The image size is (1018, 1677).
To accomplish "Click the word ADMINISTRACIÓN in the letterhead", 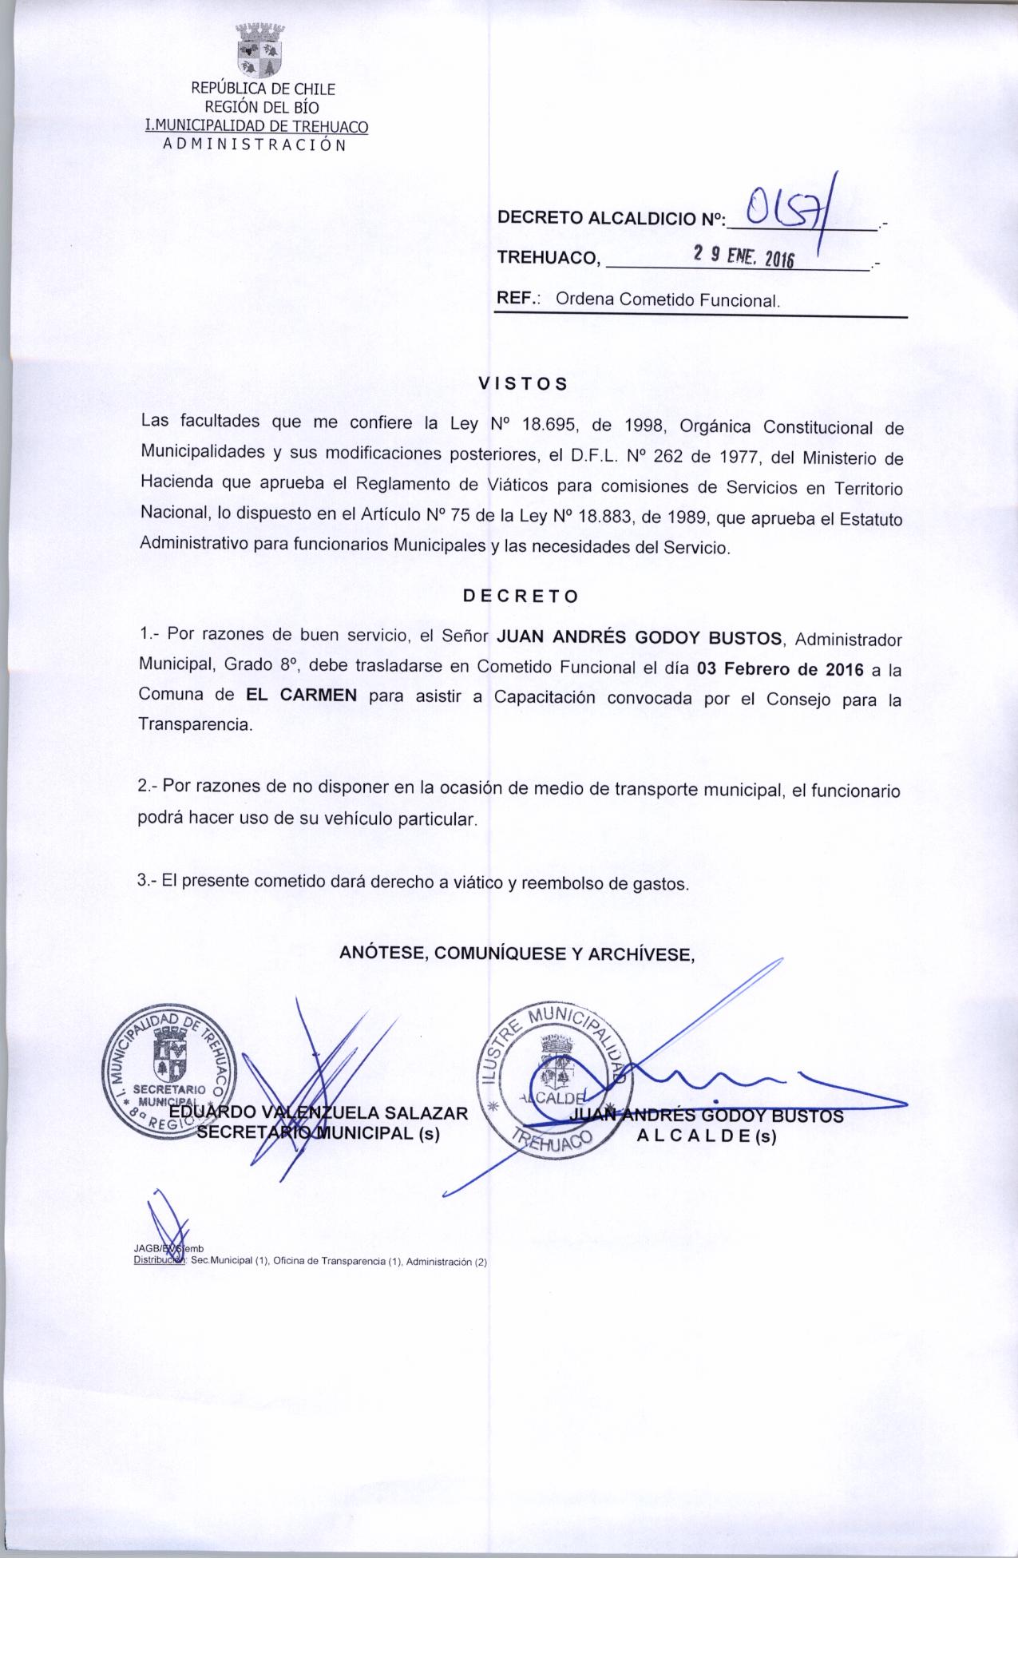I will [x=254, y=145].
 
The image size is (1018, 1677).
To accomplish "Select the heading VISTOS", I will [x=522, y=383].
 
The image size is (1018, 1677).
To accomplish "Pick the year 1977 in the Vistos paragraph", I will [x=743, y=458].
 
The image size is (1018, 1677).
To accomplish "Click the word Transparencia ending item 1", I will [x=196, y=725].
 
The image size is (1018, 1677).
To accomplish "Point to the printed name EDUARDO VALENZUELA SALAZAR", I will [x=318, y=1112].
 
